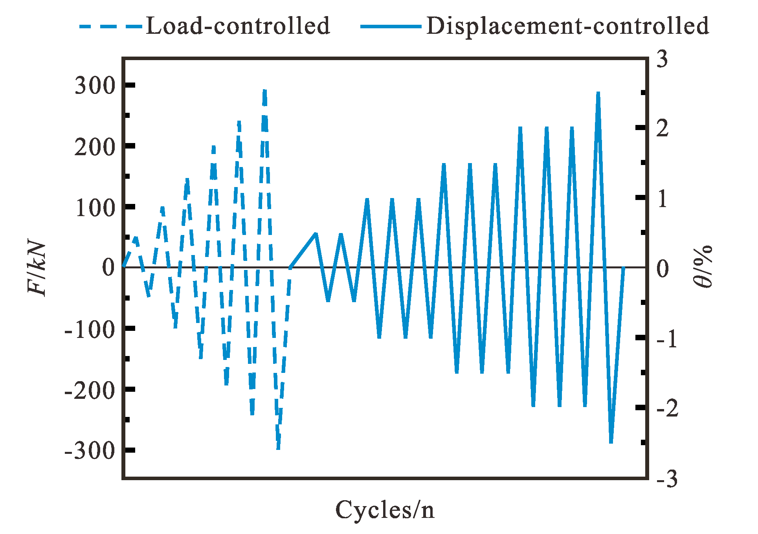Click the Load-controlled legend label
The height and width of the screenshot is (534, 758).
pyautogui.click(x=238, y=26)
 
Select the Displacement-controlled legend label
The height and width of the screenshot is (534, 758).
pyautogui.click(x=567, y=26)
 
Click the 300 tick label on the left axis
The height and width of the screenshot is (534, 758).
pyautogui.click(x=95, y=85)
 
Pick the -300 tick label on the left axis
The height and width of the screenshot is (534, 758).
pyautogui.click(x=90, y=451)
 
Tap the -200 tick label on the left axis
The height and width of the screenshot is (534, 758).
pyautogui.click(x=90, y=390)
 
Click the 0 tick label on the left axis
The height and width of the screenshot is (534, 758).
pyautogui.click(x=108, y=268)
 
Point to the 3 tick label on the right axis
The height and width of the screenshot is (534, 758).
pyautogui.click(x=663, y=59)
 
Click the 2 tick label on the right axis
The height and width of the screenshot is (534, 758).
pyautogui.click(x=663, y=128)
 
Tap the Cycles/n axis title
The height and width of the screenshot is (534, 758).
pyautogui.click(x=385, y=510)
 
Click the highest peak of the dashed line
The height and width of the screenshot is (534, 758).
pyautogui.click(x=265, y=90)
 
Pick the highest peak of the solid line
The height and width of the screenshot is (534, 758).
pyautogui.click(x=598, y=93)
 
